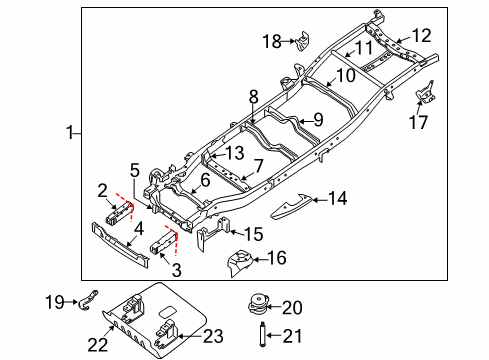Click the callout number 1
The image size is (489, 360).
[70, 131]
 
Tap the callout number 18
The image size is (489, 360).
[272, 41]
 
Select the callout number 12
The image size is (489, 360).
[421, 35]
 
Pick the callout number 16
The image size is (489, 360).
[276, 259]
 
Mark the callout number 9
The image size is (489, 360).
[317, 120]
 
